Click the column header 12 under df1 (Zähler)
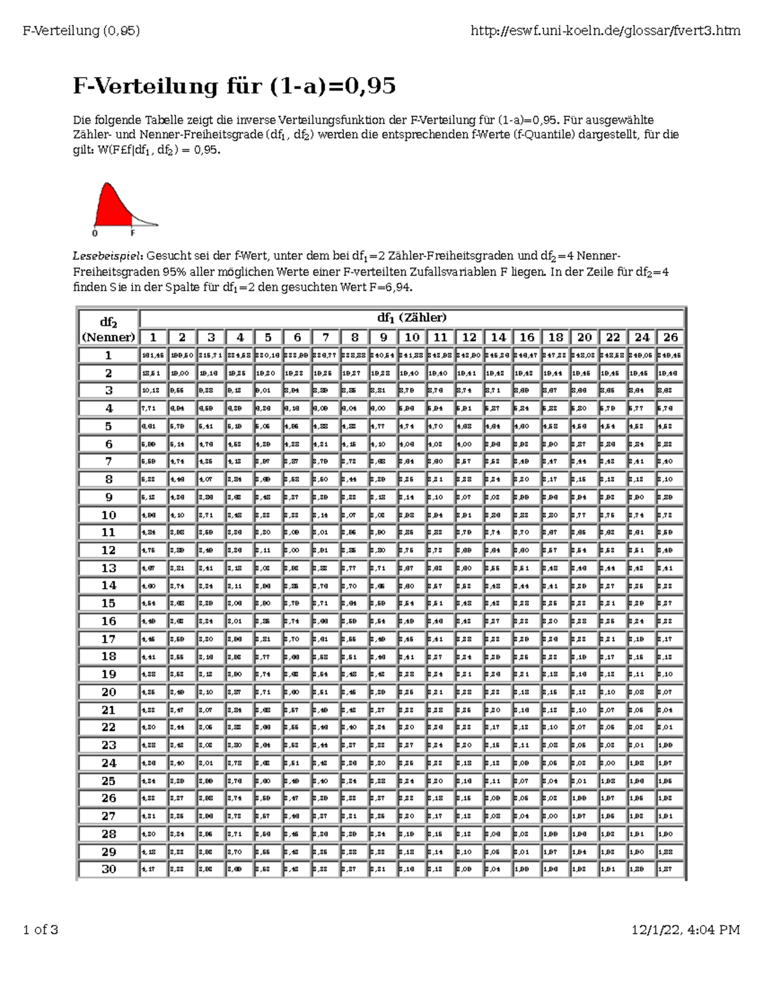point(469,337)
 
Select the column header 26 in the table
point(670,337)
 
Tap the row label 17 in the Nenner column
point(109,639)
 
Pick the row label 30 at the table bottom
point(109,869)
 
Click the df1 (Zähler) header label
point(411,317)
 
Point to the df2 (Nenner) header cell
point(108,328)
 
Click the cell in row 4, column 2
point(182,408)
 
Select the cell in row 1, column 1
point(153,356)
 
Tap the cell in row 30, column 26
point(670,869)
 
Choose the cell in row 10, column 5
point(268,515)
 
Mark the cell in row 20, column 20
point(584,692)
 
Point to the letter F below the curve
point(132,233)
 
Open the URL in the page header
point(605,30)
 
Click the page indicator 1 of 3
point(40,930)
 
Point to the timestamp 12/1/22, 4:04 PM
point(685,930)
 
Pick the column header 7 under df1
point(326,337)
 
